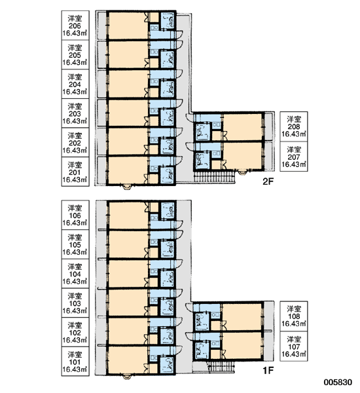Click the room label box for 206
click(x=75, y=25)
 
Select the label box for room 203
click(x=75, y=113)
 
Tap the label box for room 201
click(x=75, y=172)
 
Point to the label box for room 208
click(x=294, y=126)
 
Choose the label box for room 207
click(x=294, y=157)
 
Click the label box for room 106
click(x=75, y=215)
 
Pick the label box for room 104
click(x=75, y=273)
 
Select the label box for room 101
click(x=75, y=362)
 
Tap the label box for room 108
click(x=294, y=316)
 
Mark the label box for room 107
click(x=294, y=346)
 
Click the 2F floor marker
click(x=268, y=181)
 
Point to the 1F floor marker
click(x=268, y=371)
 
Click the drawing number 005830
click(x=338, y=383)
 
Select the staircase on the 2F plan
click(x=215, y=176)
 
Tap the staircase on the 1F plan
click(x=221, y=366)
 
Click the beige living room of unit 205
click(x=128, y=54)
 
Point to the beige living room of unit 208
click(x=242, y=127)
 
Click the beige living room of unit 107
click(x=242, y=346)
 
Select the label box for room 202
click(x=75, y=143)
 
